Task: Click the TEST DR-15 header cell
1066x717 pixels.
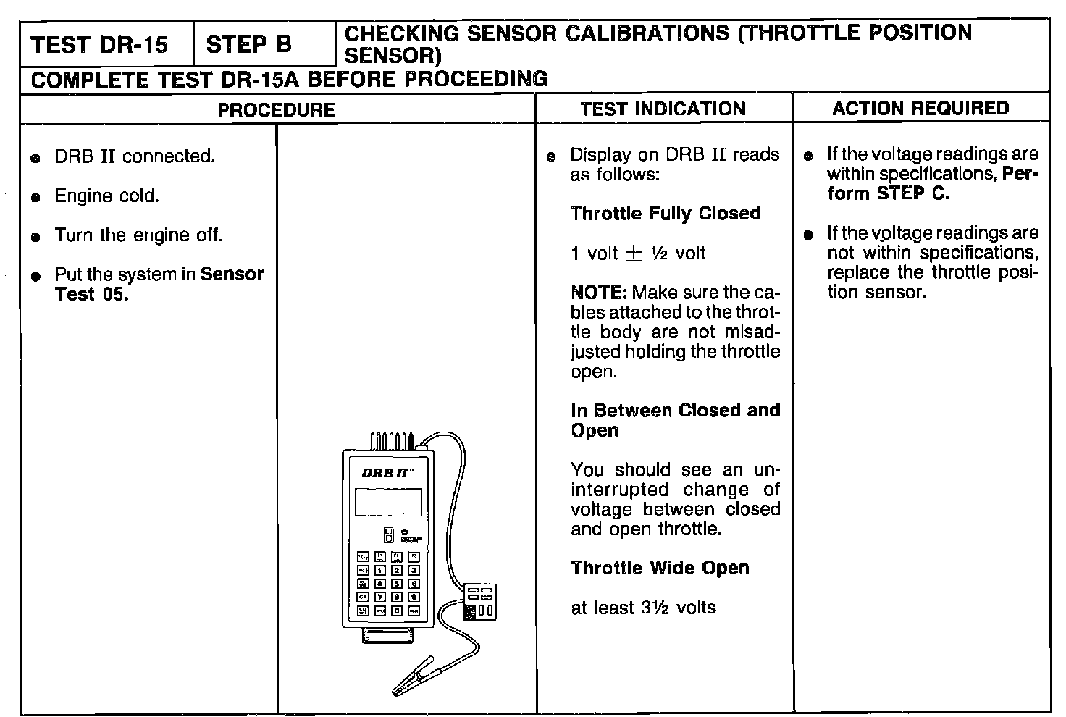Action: coord(99,45)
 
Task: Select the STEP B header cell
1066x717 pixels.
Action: coord(248,45)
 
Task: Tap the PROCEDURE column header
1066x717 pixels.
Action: coord(277,110)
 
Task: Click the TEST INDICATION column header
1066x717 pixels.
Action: coord(663,109)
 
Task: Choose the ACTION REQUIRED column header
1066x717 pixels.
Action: coord(920,109)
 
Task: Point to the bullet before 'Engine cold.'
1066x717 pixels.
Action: coord(35,198)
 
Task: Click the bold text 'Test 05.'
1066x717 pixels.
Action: coord(92,295)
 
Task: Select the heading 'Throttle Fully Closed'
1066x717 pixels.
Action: coord(665,214)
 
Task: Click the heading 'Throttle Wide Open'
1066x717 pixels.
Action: coord(659,568)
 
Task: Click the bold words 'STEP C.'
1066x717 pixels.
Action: coord(912,194)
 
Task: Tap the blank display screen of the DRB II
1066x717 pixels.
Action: coord(388,502)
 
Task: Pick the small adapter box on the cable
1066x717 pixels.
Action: coord(479,601)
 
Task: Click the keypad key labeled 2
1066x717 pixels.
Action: coord(397,571)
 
